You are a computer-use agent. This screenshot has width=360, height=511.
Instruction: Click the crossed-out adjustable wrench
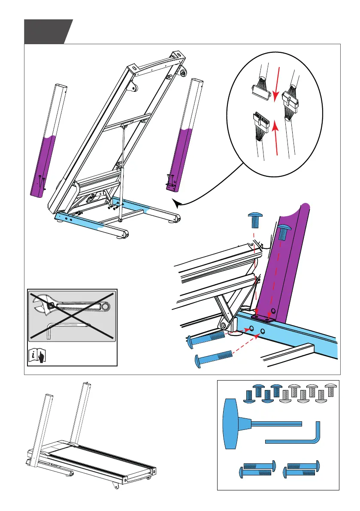[71, 305]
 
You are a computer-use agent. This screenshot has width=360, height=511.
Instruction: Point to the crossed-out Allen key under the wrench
[69, 329]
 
